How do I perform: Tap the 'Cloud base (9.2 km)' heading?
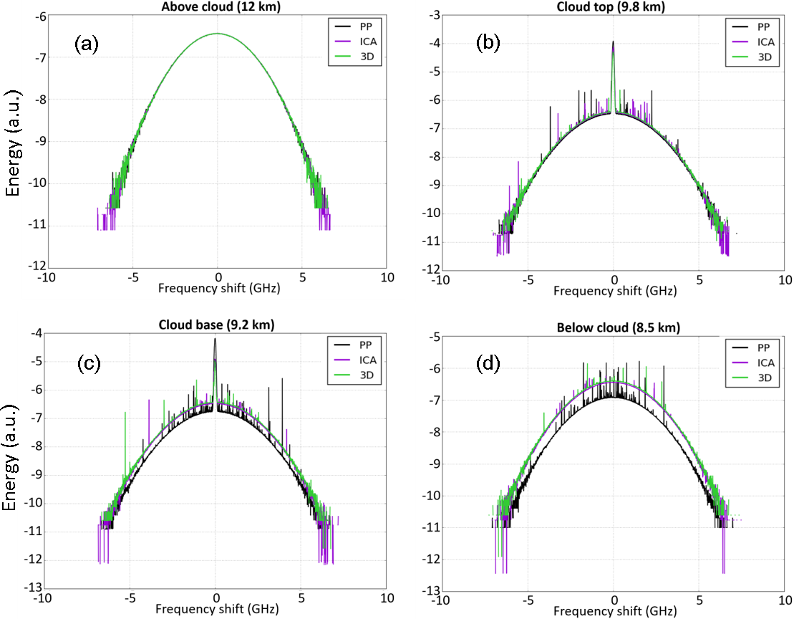[215, 325]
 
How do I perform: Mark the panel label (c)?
[89, 362]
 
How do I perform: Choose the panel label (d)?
[490, 363]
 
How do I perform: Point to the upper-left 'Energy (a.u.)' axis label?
[12, 143]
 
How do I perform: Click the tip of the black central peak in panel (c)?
[215, 340]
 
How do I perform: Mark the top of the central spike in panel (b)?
[613, 42]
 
